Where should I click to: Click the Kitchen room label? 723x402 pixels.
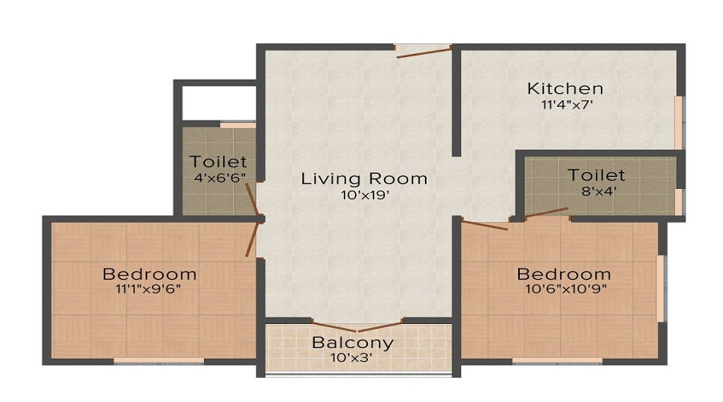565,88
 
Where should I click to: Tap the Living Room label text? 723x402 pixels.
364,178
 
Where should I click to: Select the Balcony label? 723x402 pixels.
353,343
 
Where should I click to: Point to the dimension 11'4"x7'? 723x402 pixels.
565,105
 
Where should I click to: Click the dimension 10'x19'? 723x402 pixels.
363,195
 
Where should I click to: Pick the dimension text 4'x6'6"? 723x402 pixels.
219,178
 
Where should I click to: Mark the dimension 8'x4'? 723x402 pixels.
596,191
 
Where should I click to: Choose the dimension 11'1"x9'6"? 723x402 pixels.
149,290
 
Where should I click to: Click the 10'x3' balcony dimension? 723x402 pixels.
353,359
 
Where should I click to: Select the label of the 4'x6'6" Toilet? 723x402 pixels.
219,162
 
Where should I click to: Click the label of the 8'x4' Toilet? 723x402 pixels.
596,175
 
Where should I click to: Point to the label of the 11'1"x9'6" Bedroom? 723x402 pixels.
149,274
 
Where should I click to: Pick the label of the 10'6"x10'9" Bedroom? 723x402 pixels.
563,273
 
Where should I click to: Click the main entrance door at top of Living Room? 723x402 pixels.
423,53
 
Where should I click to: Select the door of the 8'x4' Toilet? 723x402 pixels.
546,212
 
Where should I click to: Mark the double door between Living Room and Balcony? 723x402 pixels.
357,325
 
